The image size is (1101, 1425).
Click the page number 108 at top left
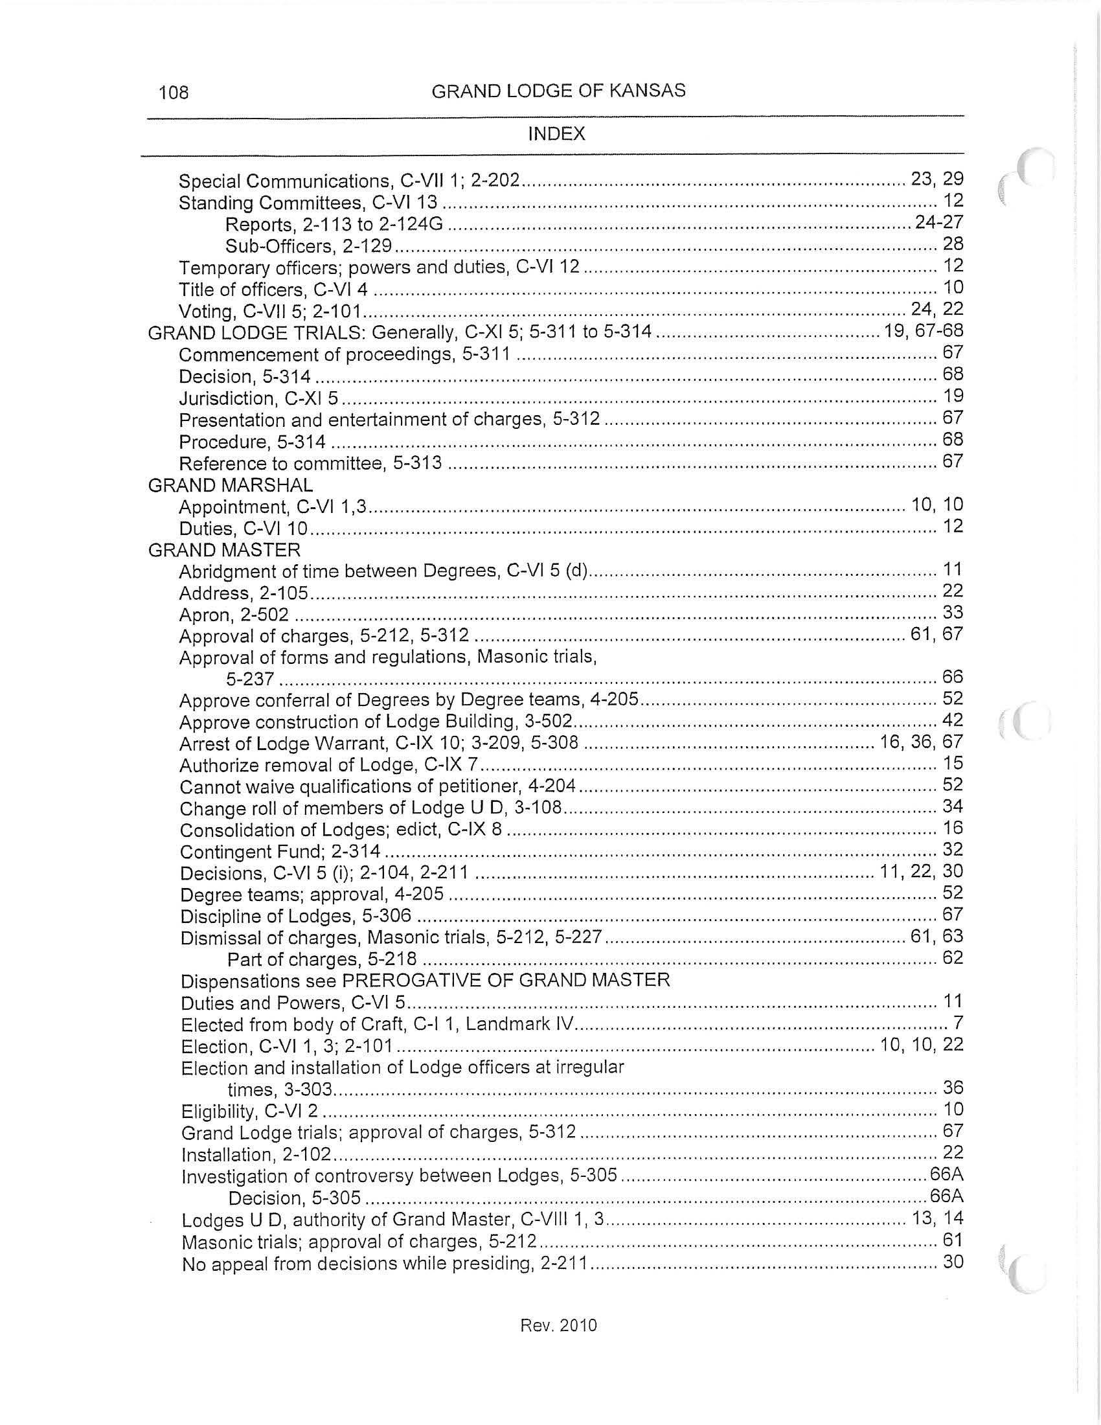pos(174,92)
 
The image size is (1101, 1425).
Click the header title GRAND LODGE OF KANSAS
pos(558,91)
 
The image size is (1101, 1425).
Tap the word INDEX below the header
pos(556,134)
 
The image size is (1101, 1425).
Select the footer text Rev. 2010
pos(558,1325)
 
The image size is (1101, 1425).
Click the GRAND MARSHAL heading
pos(231,484)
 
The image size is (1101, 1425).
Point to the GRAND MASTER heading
pos(224,550)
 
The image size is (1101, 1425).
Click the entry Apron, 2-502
pos(234,615)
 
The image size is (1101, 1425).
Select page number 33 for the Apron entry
pos(953,613)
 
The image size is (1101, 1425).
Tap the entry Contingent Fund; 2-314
pos(280,852)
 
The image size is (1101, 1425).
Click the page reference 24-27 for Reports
pos(938,222)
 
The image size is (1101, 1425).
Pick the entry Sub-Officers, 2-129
pos(308,246)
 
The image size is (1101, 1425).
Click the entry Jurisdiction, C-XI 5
pos(258,398)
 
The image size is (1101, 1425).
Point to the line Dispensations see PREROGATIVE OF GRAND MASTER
pos(426,981)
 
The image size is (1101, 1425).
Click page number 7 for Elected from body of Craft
pos(958,1023)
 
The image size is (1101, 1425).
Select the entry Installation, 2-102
pos(256,1155)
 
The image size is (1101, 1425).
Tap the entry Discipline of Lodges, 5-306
pos(295,916)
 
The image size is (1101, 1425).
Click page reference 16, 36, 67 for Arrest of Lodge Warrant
pos(921,742)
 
